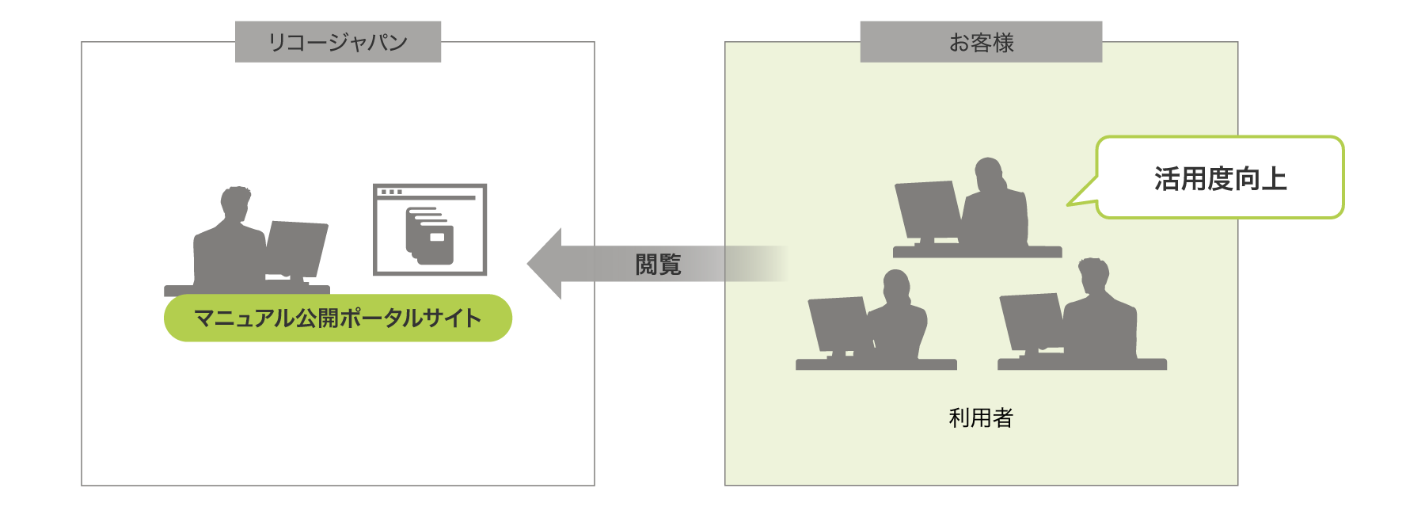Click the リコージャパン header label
[x=338, y=42]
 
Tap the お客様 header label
[x=981, y=42]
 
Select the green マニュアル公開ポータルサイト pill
[x=338, y=318]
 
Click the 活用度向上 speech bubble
[x=1220, y=178]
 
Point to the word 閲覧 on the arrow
[x=658, y=265]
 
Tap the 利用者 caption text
[x=981, y=417]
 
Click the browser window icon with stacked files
[x=430, y=230]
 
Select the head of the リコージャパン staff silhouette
[x=234, y=203]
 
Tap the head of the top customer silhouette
[x=989, y=173]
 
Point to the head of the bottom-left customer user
[x=896, y=286]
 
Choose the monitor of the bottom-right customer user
[x=1031, y=320]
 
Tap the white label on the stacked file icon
[x=436, y=236]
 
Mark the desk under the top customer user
[x=978, y=252]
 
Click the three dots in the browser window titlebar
[x=391, y=192]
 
